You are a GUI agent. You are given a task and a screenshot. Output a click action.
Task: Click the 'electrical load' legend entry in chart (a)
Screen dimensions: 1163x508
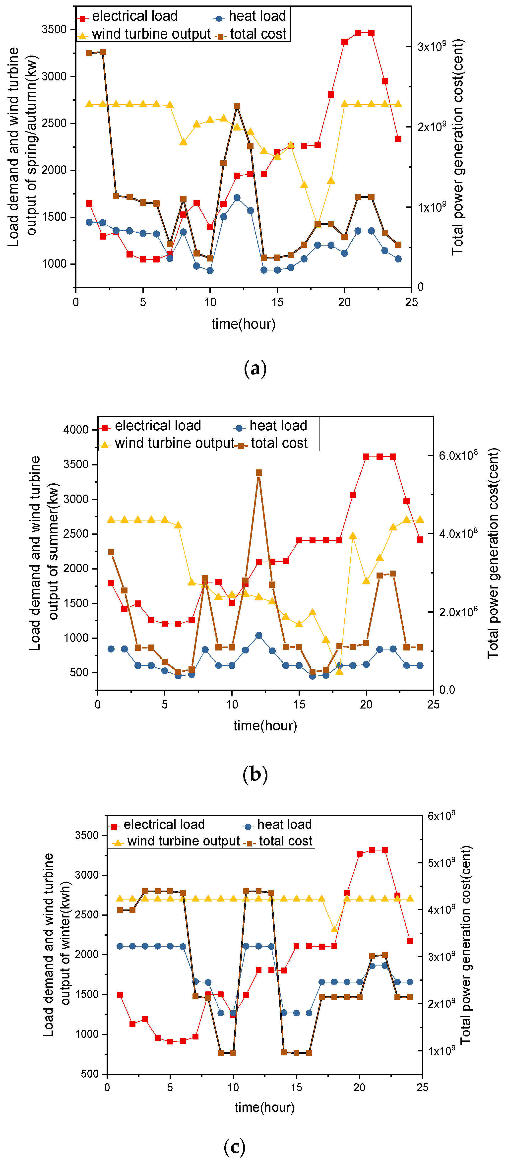click(x=134, y=16)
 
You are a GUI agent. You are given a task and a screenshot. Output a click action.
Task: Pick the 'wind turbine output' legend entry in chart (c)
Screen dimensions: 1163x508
click(x=183, y=841)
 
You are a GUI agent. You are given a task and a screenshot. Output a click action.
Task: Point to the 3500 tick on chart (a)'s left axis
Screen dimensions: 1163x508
click(x=54, y=29)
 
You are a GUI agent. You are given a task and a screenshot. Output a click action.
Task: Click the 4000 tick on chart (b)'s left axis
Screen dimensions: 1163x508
click(x=76, y=429)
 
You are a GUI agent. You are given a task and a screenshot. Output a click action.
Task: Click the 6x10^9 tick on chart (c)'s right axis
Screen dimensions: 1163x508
click(x=441, y=815)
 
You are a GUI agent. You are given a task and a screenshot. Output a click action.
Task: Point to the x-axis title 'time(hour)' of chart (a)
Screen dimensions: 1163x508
click(x=243, y=324)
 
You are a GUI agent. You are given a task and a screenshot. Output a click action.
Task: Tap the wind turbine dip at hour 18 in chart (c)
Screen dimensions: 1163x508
click(x=334, y=929)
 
